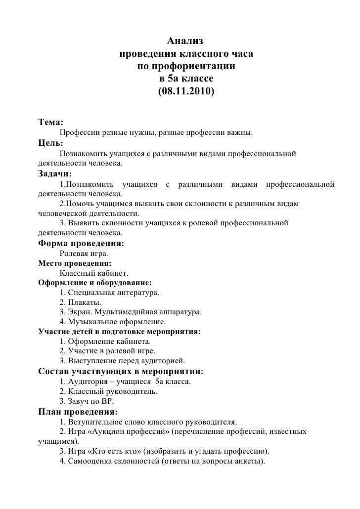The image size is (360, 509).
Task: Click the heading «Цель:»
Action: pyautogui.click(x=50, y=143)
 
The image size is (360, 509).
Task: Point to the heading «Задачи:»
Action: pyautogui.click(x=55, y=174)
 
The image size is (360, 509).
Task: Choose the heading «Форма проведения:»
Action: pyautogui.click(x=81, y=244)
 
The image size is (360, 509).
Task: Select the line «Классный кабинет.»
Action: pyautogui.click(x=94, y=273)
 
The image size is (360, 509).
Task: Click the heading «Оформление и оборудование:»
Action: pyautogui.click(x=95, y=283)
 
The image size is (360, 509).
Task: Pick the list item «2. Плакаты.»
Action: pyautogui.click(x=79, y=302)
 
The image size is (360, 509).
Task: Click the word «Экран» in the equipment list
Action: pyautogui.click(x=80, y=312)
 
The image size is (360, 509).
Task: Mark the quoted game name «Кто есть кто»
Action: pyautogui.click(x=116, y=452)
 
